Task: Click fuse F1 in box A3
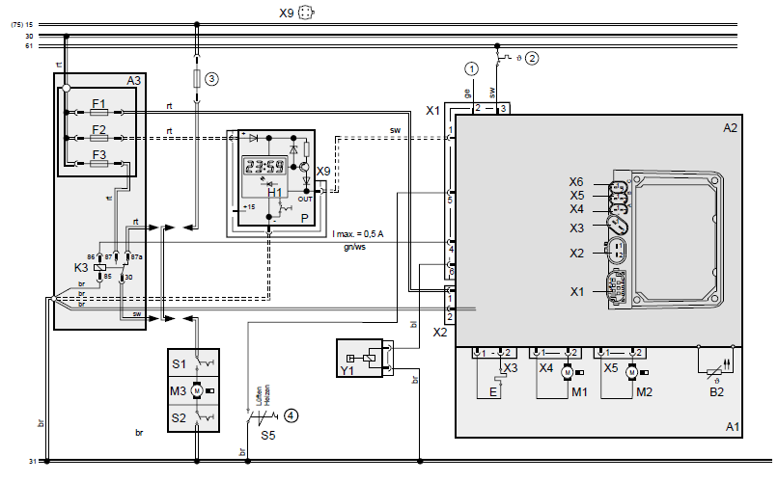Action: [98, 112]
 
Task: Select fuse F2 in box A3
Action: [98, 137]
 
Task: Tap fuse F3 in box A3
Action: [98, 164]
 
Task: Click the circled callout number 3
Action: [212, 78]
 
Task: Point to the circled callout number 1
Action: [470, 68]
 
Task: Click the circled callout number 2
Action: [532, 56]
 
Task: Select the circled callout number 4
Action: [291, 416]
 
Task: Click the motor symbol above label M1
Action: [568, 371]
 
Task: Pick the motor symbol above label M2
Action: [631, 371]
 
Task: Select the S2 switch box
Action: [193, 417]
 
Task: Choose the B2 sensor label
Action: [716, 392]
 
